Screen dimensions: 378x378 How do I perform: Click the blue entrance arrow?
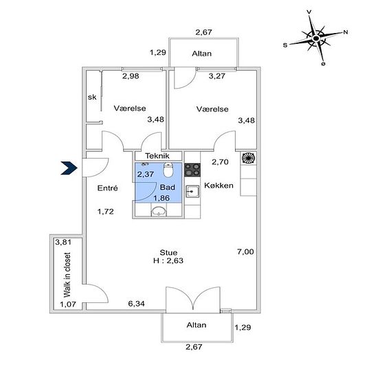pyautogui.click(x=69, y=168)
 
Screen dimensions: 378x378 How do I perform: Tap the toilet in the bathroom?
pyautogui.click(x=168, y=170)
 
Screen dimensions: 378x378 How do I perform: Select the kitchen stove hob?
pyautogui.click(x=192, y=170)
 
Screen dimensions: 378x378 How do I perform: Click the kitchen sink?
pyautogui.click(x=192, y=192)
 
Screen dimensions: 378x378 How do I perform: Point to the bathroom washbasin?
pyautogui.click(x=159, y=212)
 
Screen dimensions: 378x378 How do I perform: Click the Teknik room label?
pyautogui.click(x=157, y=156)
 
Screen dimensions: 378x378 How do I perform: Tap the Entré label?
pyautogui.click(x=107, y=188)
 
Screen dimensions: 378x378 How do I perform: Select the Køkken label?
pyautogui.click(x=219, y=186)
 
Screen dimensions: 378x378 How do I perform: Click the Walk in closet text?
pyautogui.click(x=67, y=275)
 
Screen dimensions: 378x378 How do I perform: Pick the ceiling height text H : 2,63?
pyautogui.click(x=168, y=260)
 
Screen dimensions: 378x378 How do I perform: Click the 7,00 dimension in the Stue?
pyautogui.click(x=245, y=252)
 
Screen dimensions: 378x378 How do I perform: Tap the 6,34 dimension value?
pyautogui.click(x=137, y=304)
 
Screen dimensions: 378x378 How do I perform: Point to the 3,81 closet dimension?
pyautogui.click(x=63, y=242)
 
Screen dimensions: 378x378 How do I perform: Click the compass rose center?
pyautogui.click(x=315, y=38)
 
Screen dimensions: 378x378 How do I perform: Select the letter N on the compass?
pyautogui.click(x=346, y=32)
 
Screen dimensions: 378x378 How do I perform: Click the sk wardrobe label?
pyautogui.click(x=92, y=97)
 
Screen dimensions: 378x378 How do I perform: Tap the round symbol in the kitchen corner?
pyautogui.click(x=248, y=158)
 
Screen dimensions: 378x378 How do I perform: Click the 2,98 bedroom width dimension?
pyautogui.click(x=131, y=76)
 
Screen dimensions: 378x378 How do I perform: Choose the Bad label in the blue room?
pyautogui.click(x=168, y=188)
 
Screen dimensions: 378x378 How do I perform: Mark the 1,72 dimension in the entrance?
pyautogui.click(x=106, y=212)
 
